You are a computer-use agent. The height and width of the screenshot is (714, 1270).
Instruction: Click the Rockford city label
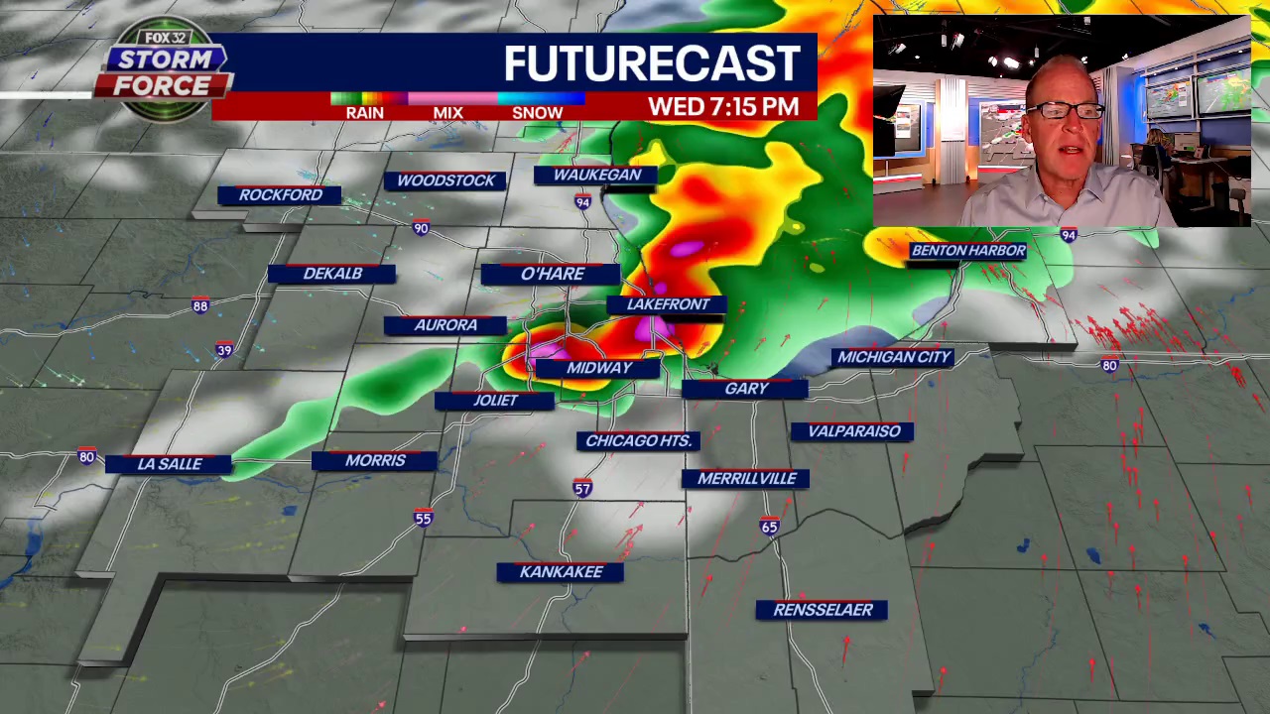280,195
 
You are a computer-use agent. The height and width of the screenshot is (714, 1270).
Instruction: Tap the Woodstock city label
445,180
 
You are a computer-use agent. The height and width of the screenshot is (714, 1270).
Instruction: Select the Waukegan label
596,176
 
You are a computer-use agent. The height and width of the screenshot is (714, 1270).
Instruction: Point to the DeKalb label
332,274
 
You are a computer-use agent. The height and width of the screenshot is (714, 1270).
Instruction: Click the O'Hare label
552,274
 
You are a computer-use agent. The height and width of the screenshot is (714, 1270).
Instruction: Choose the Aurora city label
445,325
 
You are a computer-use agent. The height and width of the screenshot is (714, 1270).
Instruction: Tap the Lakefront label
668,304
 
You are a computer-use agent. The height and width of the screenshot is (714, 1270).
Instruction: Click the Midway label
598,368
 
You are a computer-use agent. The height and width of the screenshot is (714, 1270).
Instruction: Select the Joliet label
495,401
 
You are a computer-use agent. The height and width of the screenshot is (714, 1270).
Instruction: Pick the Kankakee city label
561,572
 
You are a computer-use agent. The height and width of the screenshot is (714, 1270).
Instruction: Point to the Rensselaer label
822,610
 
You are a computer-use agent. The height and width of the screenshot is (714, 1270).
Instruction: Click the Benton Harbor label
967,251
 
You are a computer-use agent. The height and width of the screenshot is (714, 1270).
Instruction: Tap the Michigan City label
894,357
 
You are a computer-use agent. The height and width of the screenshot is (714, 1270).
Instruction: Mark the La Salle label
170,464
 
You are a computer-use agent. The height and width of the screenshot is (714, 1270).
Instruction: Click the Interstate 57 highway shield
582,488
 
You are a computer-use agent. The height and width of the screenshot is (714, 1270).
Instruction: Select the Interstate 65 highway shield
770,527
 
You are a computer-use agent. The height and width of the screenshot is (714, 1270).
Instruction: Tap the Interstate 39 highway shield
224,350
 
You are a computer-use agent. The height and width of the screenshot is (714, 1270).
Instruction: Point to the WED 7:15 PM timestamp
722,106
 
